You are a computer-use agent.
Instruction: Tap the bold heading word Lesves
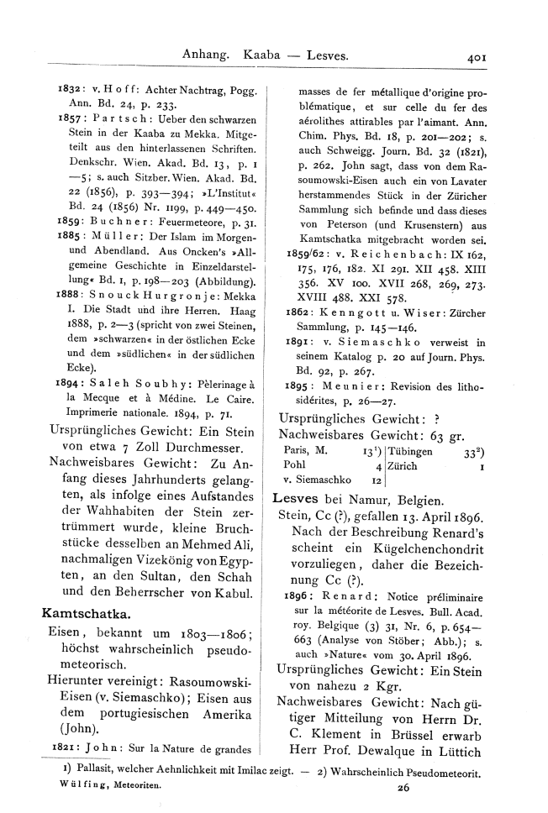[297, 499]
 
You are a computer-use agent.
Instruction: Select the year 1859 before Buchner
[58, 251]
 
